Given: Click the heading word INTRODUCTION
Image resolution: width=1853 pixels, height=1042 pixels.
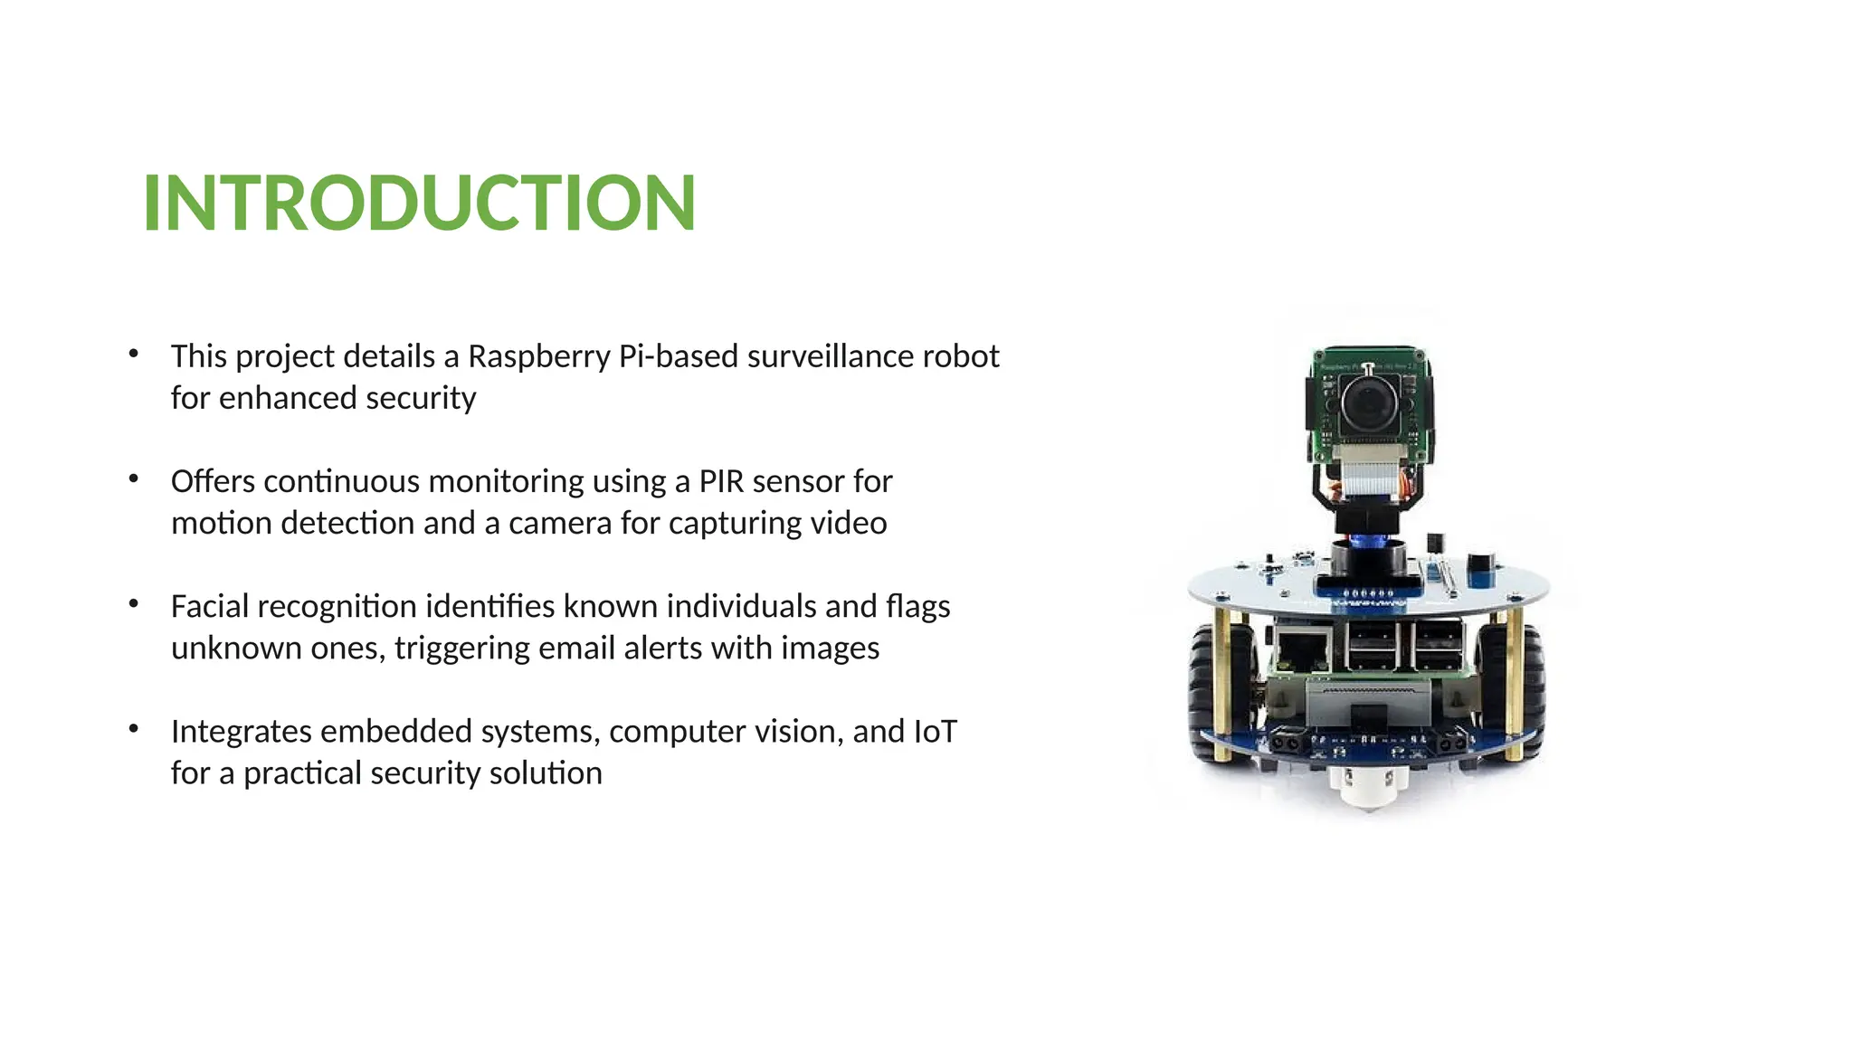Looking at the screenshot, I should click(419, 203).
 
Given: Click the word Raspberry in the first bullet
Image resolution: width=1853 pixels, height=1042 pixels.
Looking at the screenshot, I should click(538, 357).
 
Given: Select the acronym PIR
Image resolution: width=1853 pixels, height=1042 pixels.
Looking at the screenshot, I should click(720, 481).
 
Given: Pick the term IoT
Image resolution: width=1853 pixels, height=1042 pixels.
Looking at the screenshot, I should click(935, 731).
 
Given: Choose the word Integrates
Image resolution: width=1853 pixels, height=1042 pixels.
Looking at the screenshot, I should click(241, 732).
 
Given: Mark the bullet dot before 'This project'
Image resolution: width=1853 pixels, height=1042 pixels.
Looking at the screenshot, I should click(134, 354).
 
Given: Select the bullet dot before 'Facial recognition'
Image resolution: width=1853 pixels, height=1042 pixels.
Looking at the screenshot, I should click(134, 603).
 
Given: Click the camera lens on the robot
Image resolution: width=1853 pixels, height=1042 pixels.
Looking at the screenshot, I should click(1368, 403).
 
